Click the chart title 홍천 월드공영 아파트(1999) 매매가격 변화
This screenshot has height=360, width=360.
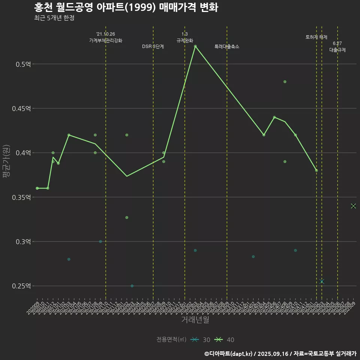pyautogui.click(x=126, y=7)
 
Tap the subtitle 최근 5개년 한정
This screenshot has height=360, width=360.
pyautogui.click(x=54, y=18)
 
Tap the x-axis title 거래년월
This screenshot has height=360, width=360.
pyautogui.click(x=195, y=320)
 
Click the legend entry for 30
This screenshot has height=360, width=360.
pyautogui.click(x=200, y=340)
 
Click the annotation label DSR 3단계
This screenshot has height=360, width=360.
pyautogui.click(x=153, y=47)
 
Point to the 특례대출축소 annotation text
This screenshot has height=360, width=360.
pyautogui.click(x=227, y=47)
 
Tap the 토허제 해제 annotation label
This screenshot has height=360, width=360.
pyautogui.click(x=316, y=37)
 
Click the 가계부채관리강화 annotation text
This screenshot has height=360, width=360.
pyautogui.click(x=105, y=40)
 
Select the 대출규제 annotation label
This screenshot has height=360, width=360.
pyautogui.click(x=337, y=50)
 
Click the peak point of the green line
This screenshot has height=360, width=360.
pyautogui.click(x=195, y=46)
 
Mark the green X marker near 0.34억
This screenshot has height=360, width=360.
pyautogui.click(x=353, y=206)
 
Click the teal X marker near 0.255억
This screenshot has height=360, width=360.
pyautogui.click(x=322, y=281)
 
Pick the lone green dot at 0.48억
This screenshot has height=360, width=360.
pyautogui.click(x=285, y=82)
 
